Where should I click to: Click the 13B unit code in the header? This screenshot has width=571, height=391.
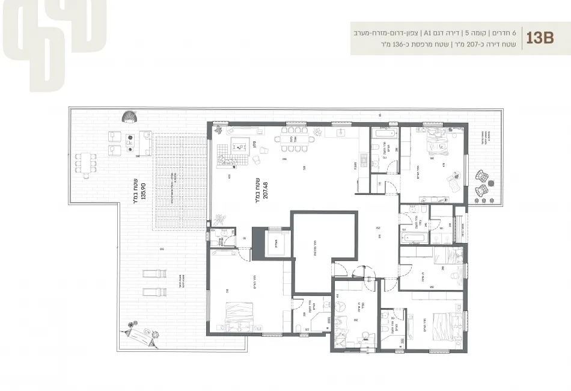coord(539,37)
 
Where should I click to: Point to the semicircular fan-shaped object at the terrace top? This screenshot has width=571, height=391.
coord(129,115)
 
